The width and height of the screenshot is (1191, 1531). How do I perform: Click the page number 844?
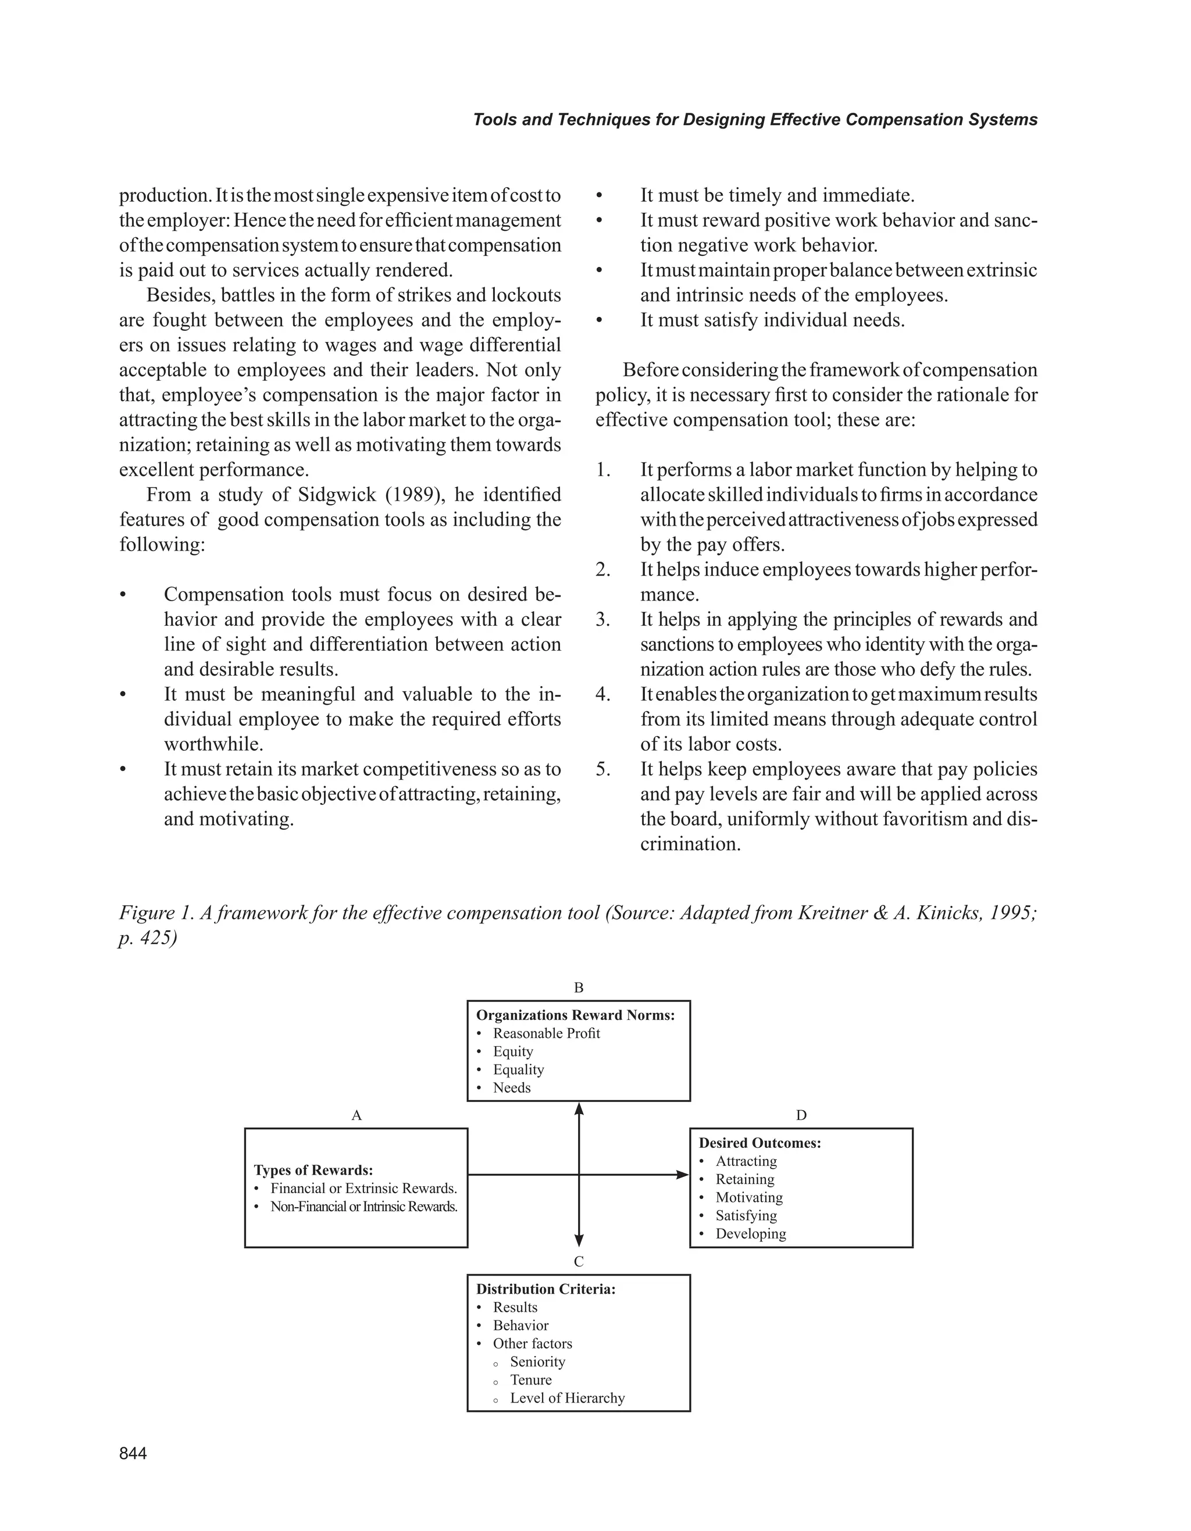coord(133,1453)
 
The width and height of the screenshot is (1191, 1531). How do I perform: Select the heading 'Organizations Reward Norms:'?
coord(575,1015)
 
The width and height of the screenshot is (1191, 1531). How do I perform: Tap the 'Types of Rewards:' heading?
coord(313,1170)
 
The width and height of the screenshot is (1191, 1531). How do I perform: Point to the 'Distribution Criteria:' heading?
coord(545,1289)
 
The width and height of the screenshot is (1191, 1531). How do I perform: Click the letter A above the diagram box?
coord(356,1115)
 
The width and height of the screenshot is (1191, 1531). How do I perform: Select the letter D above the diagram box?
coord(801,1115)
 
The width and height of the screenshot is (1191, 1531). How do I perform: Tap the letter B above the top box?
coord(578,988)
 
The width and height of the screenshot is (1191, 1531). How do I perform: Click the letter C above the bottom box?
coord(578,1262)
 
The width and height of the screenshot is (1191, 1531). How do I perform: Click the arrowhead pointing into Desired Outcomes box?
coord(682,1174)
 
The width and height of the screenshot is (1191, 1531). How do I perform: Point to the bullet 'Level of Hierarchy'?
coord(567,1398)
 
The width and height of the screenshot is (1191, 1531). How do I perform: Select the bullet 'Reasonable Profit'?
coord(546,1033)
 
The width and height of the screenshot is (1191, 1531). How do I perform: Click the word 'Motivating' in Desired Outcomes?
coord(748,1197)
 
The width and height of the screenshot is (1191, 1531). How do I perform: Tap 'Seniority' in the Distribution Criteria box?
coord(537,1361)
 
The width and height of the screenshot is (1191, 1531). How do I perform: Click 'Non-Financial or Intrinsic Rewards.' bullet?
coord(363,1207)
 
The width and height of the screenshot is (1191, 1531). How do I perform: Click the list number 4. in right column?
coord(603,695)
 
